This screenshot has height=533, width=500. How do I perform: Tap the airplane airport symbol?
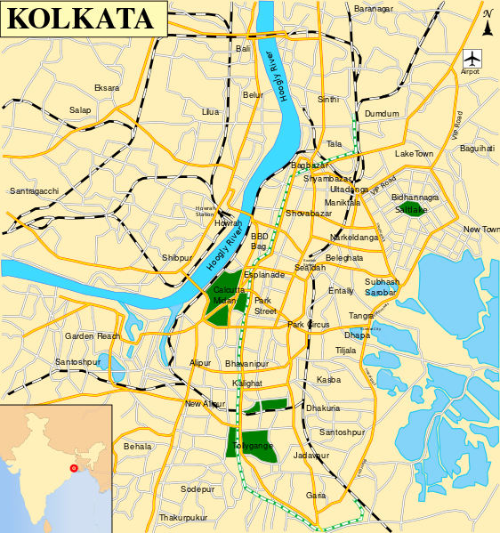[x=472, y=58]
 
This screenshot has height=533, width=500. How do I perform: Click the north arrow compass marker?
[x=488, y=23]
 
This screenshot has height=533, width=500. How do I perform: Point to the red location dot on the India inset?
[x=74, y=467]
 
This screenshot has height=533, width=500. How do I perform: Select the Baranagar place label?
[x=373, y=9]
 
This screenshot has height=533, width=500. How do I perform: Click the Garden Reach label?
[x=92, y=336]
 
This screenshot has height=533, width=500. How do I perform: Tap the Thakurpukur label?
[x=183, y=517]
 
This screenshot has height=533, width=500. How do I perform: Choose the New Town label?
[x=481, y=230]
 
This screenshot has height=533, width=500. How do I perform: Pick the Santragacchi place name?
[x=34, y=191]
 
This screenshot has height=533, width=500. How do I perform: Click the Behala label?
[x=138, y=446]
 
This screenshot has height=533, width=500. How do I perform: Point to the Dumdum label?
[x=383, y=114]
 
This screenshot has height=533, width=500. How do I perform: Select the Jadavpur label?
[x=310, y=455]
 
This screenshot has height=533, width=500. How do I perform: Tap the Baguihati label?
[x=477, y=149]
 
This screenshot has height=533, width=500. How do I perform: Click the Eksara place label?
[x=107, y=88]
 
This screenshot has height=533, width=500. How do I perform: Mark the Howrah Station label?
[x=206, y=210]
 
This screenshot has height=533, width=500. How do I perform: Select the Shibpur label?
[x=176, y=258]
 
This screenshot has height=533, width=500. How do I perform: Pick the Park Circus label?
[x=309, y=325]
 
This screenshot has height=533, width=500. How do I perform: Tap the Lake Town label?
[x=414, y=154]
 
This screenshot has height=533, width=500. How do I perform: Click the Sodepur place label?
[x=198, y=489]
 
